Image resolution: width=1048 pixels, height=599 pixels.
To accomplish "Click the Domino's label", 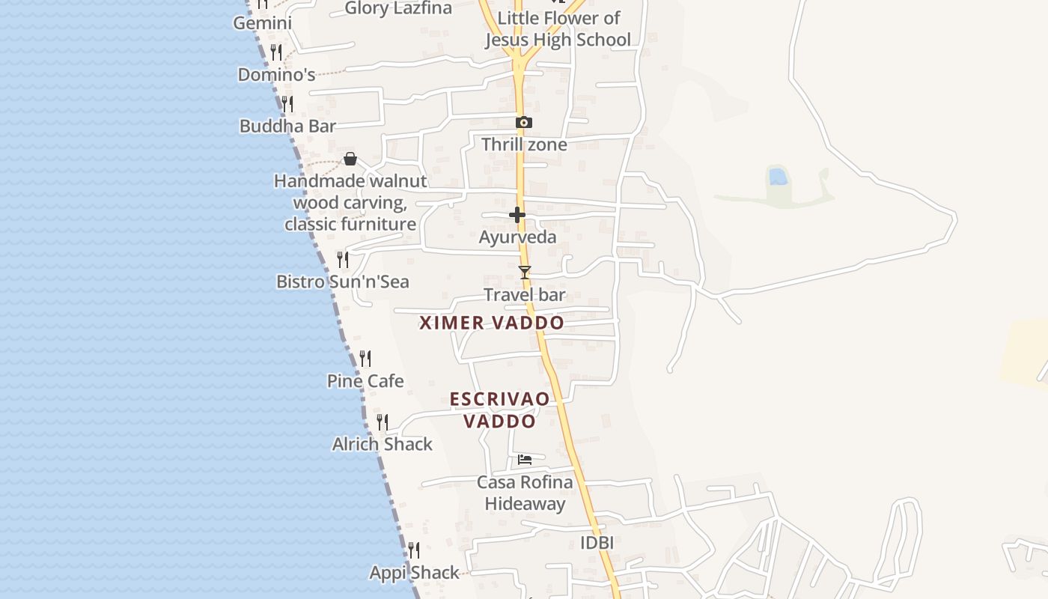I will point(276,75).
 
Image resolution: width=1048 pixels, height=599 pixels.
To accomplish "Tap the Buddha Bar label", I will point(287,126).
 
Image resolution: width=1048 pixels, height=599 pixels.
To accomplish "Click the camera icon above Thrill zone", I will point(524,122).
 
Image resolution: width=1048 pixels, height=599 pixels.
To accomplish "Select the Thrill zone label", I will point(524,145).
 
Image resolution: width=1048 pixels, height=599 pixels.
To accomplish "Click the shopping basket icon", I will point(350,159).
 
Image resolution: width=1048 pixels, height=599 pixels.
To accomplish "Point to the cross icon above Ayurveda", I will point(517,215).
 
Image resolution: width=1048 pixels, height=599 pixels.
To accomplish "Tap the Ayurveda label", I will point(517,237).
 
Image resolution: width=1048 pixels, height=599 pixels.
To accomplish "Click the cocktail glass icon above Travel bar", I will point(525,272).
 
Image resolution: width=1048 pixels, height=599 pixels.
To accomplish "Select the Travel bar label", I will point(525,295).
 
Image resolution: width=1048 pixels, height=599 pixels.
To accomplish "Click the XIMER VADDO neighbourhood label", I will point(492,323).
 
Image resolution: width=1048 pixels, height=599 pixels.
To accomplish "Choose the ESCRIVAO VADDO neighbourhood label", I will point(499,410).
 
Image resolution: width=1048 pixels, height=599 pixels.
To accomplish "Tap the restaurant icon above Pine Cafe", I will point(365,359).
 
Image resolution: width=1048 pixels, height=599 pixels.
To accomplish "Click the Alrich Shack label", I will point(383,444).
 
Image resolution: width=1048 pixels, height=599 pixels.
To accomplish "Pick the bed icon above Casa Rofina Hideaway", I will point(525,459).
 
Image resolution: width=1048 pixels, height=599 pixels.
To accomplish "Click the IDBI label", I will point(597,543).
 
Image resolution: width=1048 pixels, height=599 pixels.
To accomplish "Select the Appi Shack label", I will point(414,573).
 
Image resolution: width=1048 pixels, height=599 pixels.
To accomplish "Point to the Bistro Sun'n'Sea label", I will point(343,282).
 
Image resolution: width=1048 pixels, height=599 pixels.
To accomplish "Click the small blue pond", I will point(778,177).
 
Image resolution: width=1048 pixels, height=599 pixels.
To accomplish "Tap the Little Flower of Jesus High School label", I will point(558,28).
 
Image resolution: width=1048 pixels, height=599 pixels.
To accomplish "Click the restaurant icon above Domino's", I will point(276,52).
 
